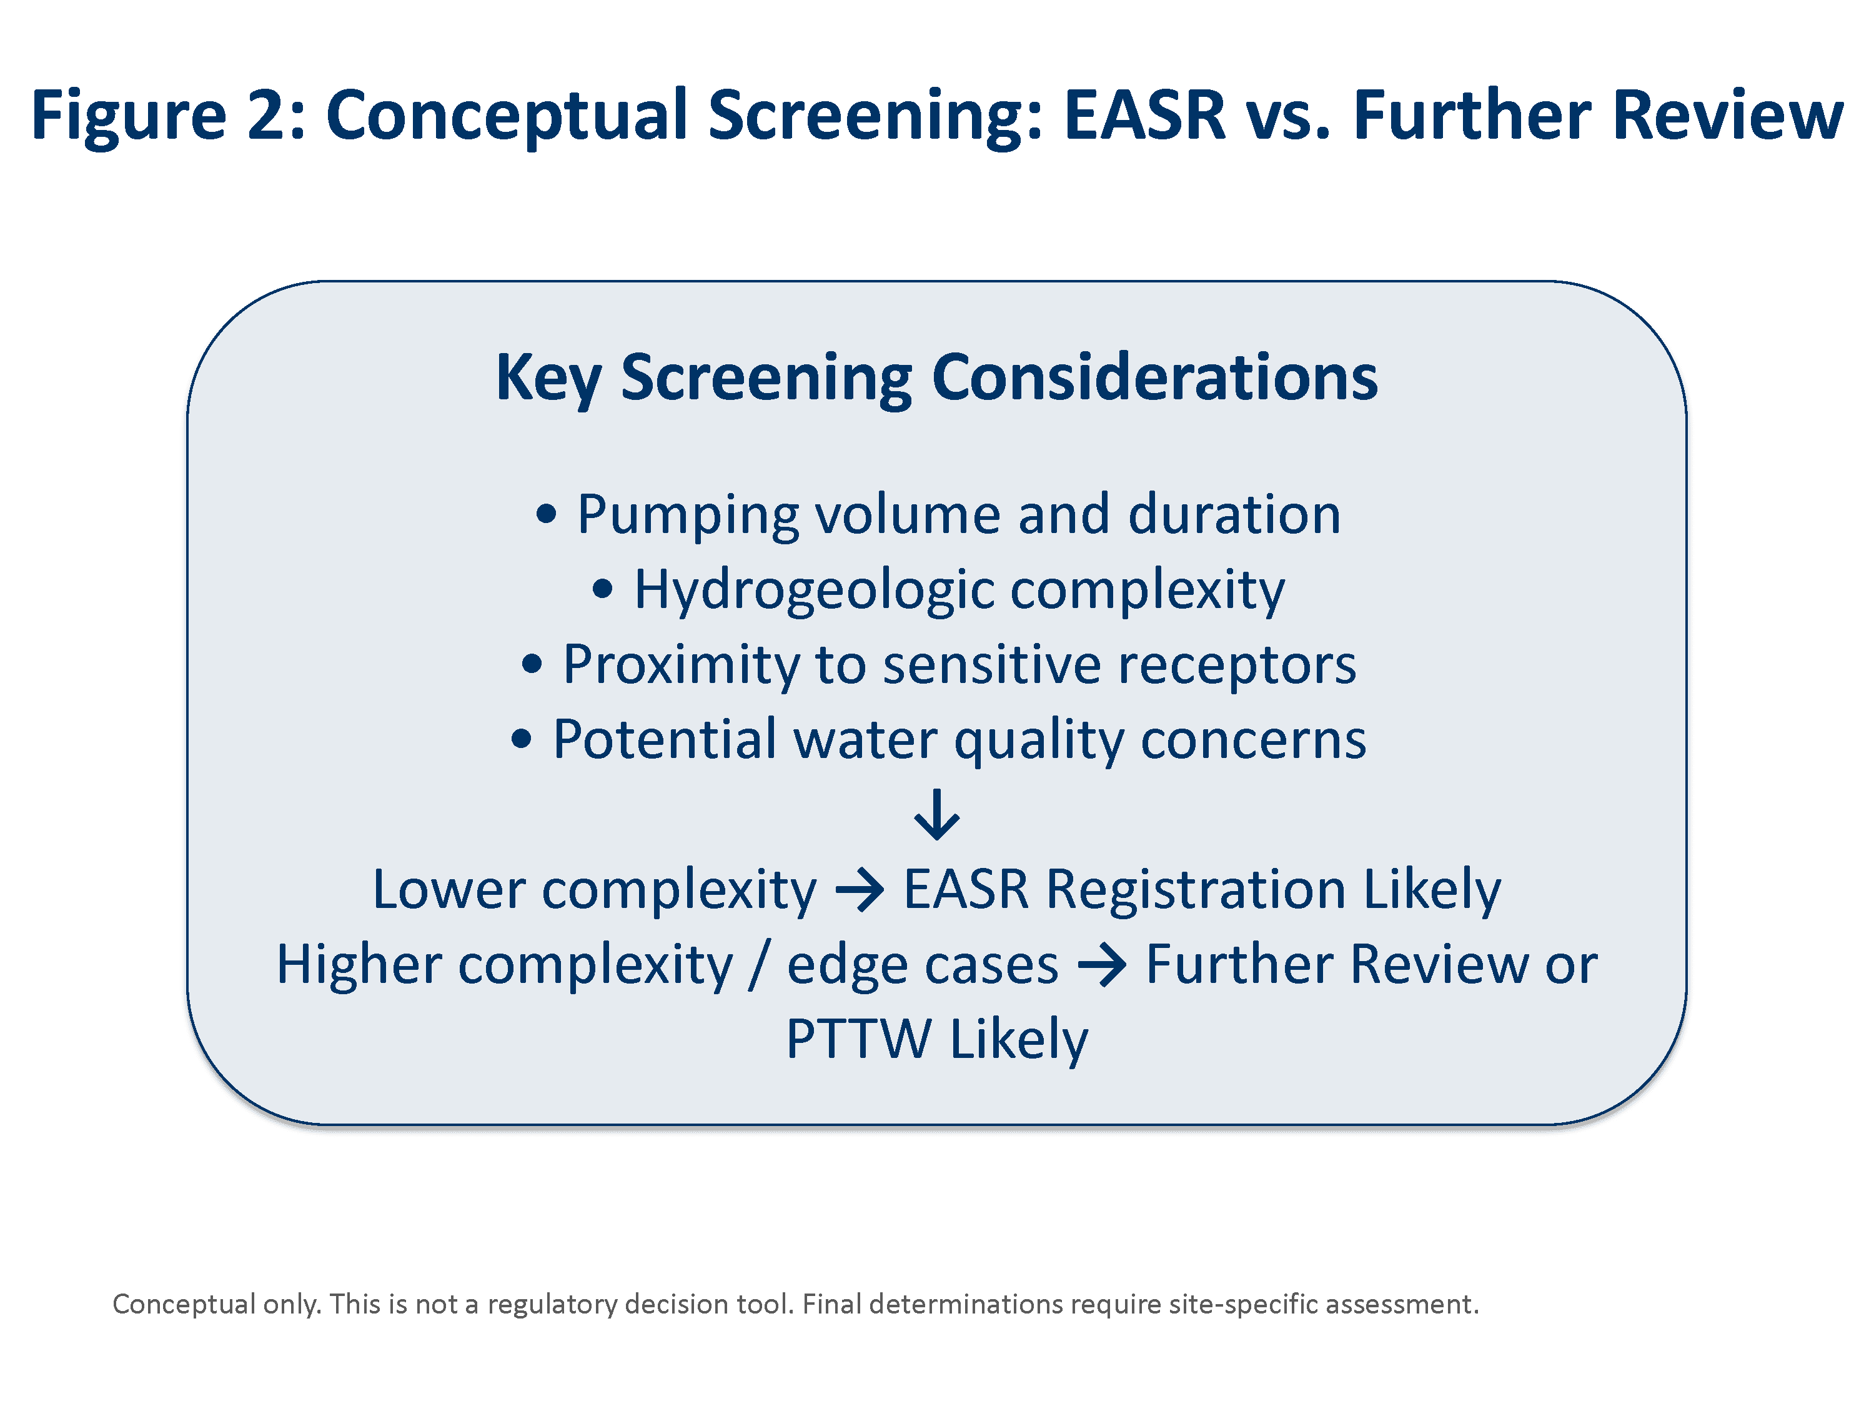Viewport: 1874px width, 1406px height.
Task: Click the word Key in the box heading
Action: (x=548, y=377)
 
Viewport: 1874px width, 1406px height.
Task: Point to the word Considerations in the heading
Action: (x=1155, y=377)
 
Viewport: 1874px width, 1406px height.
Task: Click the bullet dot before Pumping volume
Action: (x=547, y=514)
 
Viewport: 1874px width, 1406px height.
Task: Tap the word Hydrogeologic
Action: (x=814, y=590)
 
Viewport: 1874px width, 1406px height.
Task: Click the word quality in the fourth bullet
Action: (x=1039, y=739)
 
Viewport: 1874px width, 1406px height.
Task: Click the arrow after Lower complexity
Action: (x=860, y=890)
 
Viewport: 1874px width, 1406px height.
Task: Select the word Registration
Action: (x=1196, y=890)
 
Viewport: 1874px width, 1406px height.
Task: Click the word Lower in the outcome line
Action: (x=449, y=890)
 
